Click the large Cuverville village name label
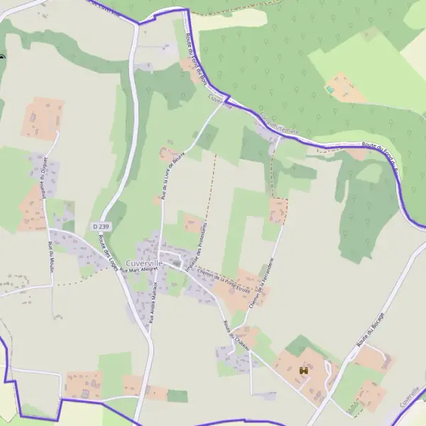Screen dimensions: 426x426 tap(144, 263)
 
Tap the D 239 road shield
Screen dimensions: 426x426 tap(100, 226)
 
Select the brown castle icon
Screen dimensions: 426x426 tap(304, 371)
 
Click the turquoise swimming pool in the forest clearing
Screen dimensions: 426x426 tap(329, 90)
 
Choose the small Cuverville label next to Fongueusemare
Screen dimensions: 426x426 tap(221, 102)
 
